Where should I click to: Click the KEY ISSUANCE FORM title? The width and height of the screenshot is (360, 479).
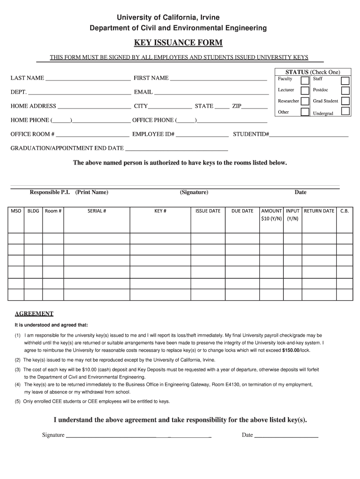[178, 43]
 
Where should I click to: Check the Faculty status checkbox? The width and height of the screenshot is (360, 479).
[305, 80]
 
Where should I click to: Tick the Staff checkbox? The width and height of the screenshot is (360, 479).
[345, 80]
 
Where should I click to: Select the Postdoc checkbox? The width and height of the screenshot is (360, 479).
[345, 90]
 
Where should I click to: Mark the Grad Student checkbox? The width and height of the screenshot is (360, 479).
[346, 101]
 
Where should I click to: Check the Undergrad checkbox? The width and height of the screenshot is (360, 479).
[346, 111]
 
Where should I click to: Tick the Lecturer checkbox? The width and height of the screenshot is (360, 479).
[305, 90]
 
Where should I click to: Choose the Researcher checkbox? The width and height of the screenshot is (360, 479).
[305, 101]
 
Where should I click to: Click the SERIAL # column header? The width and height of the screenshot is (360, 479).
[97, 211]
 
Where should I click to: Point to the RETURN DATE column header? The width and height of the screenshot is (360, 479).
[319, 211]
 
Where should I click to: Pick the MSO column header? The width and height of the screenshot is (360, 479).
[16, 211]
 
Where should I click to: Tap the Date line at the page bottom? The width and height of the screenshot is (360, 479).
[286, 436]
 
